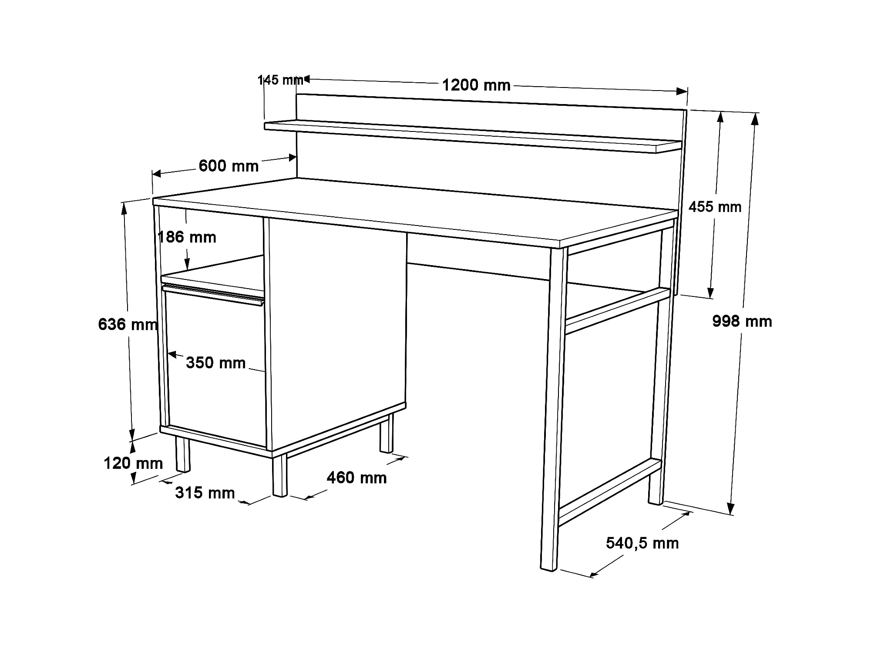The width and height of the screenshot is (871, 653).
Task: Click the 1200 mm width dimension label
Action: [476, 85]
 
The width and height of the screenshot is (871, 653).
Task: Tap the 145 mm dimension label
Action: [280, 80]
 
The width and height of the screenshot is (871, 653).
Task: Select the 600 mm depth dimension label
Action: [229, 166]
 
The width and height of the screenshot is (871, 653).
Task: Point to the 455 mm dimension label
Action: [715, 207]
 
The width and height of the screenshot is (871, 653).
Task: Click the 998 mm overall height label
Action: [742, 321]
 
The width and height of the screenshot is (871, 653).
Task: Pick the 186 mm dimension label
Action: [187, 237]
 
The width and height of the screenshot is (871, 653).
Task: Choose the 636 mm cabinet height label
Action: [128, 324]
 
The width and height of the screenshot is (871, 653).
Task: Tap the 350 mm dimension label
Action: [216, 363]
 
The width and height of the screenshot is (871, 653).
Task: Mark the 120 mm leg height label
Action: [133, 463]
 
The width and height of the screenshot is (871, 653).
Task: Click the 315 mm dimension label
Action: [205, 493]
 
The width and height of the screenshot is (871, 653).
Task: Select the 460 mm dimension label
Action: [356, 478]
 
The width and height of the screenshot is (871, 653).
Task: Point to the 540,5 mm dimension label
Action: [642, 543]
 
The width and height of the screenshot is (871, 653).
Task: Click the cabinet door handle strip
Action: [213, 294]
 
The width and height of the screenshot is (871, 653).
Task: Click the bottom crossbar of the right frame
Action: [609, 491]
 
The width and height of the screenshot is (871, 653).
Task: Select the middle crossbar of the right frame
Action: [617, 311]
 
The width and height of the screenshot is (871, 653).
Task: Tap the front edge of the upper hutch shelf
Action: [460, 138]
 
